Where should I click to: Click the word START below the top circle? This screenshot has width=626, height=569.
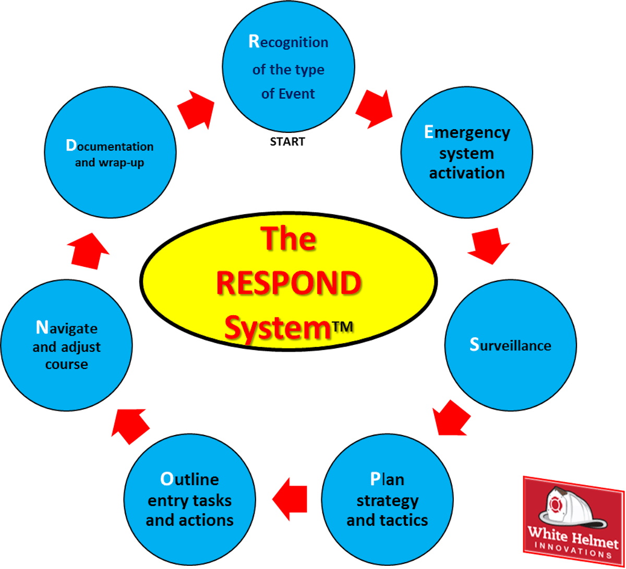[x=287, y=141]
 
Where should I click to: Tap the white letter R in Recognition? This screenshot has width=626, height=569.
[x=254, y=42]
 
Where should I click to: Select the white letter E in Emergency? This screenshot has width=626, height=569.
[x=429, y=132]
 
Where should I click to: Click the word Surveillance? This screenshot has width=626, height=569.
[x=510, y=345]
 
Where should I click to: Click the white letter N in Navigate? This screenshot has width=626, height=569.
[x=41, y=328]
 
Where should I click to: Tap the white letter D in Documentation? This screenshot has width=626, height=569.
[x=71, y=146]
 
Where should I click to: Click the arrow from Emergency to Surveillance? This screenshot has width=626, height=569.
[x=488, y=246]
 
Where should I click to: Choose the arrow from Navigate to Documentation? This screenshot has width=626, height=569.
[x=88, y=251]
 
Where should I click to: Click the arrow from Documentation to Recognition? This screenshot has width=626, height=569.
[x=196, y=108]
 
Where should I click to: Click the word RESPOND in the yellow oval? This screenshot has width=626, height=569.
[x=288, y=283]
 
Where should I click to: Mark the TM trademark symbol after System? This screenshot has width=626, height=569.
[x=343, y=327]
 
